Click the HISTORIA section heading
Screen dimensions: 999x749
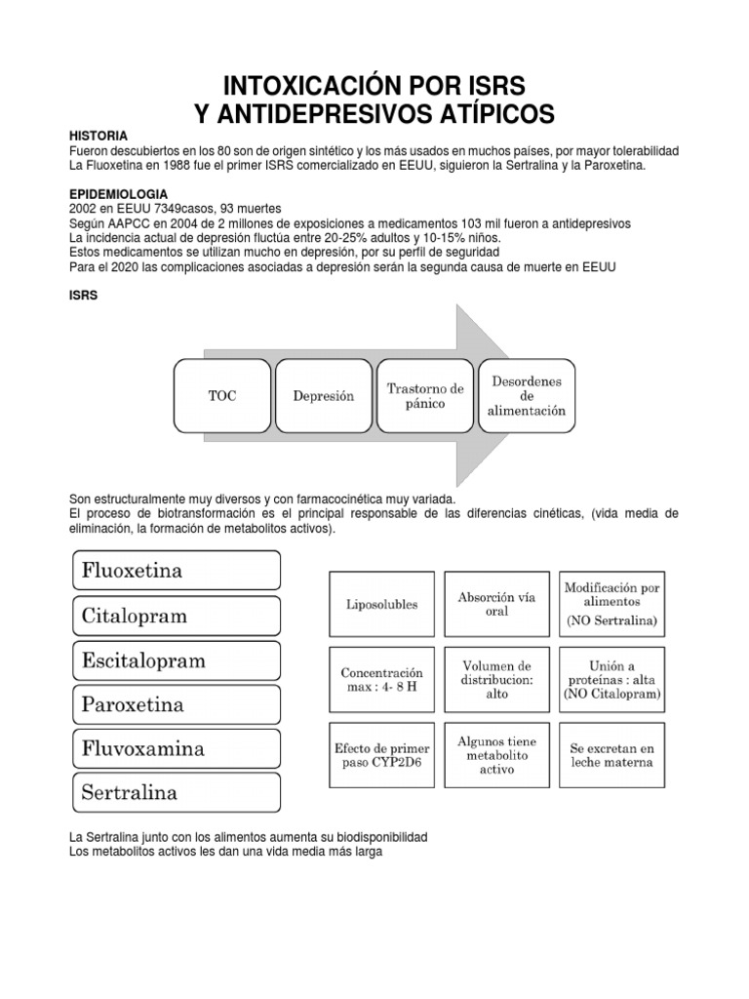click(x=99, y=136)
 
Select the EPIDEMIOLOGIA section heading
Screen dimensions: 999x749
click(x=115, y=194)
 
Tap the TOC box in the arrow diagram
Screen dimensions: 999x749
click(x=221, y=396)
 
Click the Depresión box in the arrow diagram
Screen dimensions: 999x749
click(x=323, y=396)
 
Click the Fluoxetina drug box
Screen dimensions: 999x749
click(x=176, y=570)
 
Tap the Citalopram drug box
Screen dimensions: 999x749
click(x=176, y=616)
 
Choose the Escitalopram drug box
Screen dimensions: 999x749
click(x=176, y=660)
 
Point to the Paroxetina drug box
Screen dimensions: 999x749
click(x=176, y=704)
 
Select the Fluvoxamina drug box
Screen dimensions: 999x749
click(x=176, y=749)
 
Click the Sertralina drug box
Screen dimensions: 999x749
click(x=176, y=792)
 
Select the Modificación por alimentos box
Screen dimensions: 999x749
click(x=611, y=603)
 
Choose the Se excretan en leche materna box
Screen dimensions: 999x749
click(x=611, y=755)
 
